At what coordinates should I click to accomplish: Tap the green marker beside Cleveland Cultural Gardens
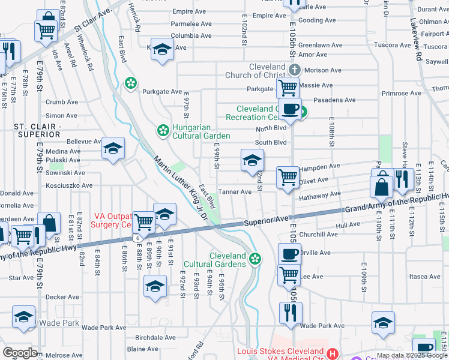point(255,259)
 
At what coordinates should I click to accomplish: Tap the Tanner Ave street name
point(235,192)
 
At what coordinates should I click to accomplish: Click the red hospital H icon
point(334,354)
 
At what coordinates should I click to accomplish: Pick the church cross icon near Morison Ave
point(293,70)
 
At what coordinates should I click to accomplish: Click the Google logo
point(20,353)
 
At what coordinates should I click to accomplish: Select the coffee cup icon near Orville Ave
point(289,253)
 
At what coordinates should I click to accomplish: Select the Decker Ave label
point(62,297)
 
